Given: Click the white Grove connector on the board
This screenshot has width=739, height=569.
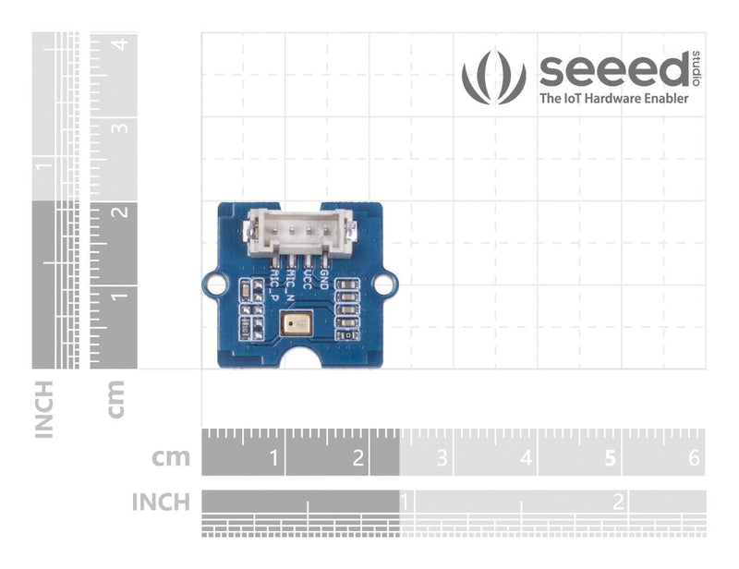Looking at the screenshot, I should [x=299, y=232].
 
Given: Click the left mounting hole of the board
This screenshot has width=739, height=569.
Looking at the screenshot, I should [x=214, y=284].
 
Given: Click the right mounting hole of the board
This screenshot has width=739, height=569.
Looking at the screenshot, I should [x=388, y=284].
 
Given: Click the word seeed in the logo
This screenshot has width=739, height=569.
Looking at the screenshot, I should [x=614, y=70].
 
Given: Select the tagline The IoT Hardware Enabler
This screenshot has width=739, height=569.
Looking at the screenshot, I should [x=613, y=98].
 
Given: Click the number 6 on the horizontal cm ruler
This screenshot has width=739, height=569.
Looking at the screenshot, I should [x=695, y=457].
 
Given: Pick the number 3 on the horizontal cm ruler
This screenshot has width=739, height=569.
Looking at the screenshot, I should [x=441, y=457].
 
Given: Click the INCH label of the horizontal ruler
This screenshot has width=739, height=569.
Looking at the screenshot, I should [x=161, y=502].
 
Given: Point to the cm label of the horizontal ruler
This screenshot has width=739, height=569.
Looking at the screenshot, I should [x=172, y=456].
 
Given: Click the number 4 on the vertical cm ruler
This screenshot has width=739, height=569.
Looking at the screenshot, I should [x=119, y=43].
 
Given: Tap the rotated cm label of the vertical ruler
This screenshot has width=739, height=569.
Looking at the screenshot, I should [x=116, y=398].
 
